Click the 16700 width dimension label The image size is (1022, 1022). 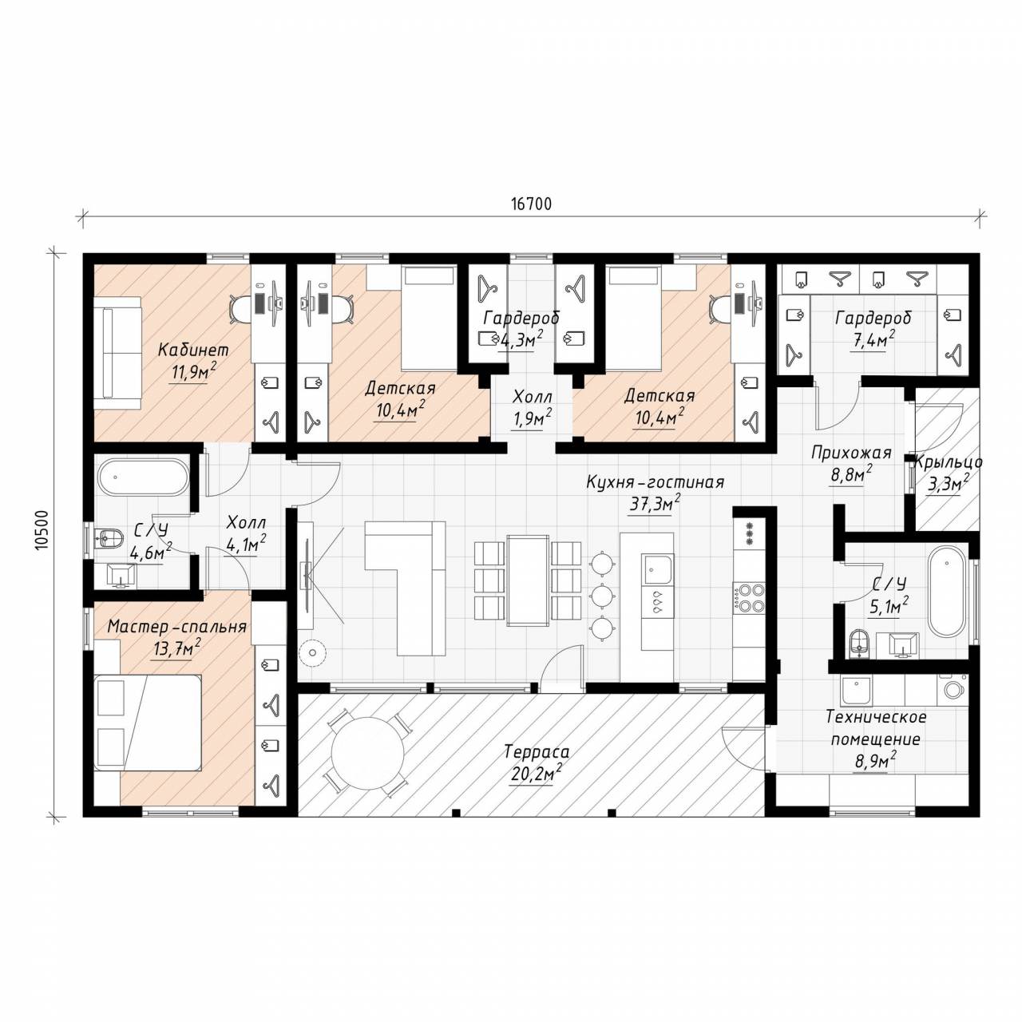pos(531,204)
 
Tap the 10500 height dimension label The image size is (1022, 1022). pos(42,531)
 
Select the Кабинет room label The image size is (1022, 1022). pos(193,350)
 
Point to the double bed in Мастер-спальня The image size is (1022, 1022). pos(148,723)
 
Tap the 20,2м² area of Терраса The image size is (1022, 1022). pos(537,774)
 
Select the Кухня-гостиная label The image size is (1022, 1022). pos(655,482)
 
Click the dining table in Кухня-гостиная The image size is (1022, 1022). pos(528,580)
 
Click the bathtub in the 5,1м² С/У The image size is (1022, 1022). pos(948,592)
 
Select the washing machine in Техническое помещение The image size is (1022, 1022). pos(954,690)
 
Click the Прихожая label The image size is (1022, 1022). pos(850,453)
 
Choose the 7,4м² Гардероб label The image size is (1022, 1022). pos(873,339)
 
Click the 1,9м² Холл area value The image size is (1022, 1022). pos(532,418)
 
